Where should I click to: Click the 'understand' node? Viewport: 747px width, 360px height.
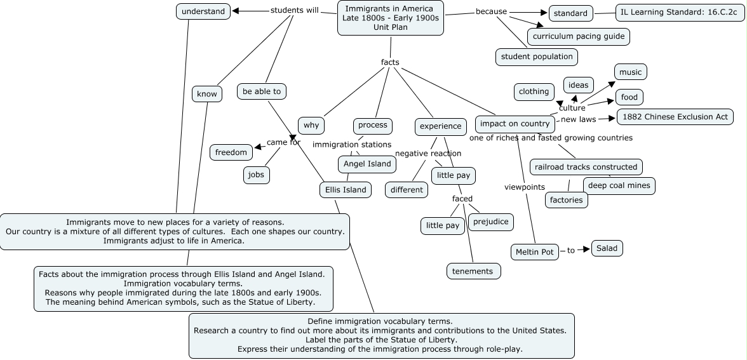click(x=203, y=11)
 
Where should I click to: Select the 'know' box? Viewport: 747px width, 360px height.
click(x=207, y=94)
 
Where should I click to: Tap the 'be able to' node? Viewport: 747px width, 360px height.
click(x=262, y=91)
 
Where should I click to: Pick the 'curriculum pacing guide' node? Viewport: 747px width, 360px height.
click(x=579, y=36)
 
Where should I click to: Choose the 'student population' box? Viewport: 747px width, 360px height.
click(x=537, y=57)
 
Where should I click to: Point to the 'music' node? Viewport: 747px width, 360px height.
click(x=630, y=72)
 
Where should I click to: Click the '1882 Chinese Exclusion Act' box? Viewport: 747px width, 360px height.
click(x=675, y=117)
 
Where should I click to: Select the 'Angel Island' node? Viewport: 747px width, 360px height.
click(x=367, y=164)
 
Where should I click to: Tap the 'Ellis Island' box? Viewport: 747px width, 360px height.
click(x=346, y=189)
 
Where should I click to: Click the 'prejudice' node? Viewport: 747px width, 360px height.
click(x=490, y=222)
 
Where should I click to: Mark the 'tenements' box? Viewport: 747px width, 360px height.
click(x=473, y=271)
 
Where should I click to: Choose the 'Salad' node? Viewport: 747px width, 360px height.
click(x=607, y=248)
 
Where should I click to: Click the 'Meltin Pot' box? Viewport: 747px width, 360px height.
click(x=535, y=252)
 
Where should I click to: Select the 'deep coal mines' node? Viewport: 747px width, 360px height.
click(x=619, y=185)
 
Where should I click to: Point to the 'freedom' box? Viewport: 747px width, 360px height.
click(x=231, y=152)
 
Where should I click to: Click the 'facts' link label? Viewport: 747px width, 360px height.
click(x=390, y=62)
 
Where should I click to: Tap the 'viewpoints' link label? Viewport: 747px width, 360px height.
click(x=525, y=187)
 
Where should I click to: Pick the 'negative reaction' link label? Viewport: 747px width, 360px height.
click(x=428, y=153)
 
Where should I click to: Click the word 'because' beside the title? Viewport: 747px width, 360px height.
click(x=492, y=11)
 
